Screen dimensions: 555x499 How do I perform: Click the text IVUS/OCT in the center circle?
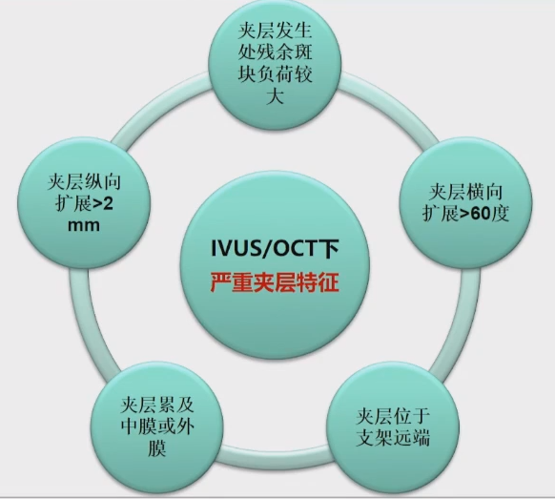click(x=262, y=248)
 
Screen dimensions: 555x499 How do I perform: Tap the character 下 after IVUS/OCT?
click(x=327, y=249)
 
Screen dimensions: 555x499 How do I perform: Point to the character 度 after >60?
click(x=500, y=213)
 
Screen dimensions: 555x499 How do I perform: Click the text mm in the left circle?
click(x=84, y=225)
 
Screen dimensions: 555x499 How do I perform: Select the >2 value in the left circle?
click(x=103, y=204)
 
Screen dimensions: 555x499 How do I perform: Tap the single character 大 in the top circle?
click(x=275, y=96)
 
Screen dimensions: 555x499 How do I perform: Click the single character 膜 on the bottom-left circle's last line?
click(x=156, y=448)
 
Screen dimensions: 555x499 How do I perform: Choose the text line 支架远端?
click(x=393, y=437)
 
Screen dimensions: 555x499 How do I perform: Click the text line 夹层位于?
click(x=393, y=416)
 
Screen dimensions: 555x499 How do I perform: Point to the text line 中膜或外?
click(x=157, y=426)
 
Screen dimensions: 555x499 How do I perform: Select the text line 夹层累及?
click(x=157, y=405)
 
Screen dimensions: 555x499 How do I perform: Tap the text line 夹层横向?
click(x=465, y=192)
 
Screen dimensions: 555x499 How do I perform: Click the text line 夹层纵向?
click(x=84, y=182)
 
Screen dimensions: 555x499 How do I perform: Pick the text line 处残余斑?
click(x=275, y=52)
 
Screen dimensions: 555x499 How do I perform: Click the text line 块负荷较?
click(x=275, y=74)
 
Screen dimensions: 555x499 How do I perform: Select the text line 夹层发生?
click(x=275, y=31)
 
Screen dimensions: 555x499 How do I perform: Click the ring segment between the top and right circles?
click(x=393, y=104)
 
